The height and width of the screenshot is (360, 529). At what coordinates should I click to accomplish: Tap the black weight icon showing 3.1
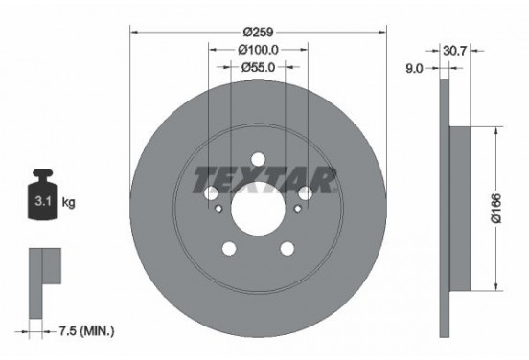pyautogui.click(x=41, y=197)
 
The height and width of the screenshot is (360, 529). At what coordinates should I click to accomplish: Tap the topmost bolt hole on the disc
pyautogui.click(x=258, y=159)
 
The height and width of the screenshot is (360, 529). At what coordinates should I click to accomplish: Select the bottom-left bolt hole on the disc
pyautogui.click(x=229, y=249)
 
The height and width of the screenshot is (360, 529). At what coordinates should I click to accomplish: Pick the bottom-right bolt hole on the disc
pyautogui.click(x=287, y=249)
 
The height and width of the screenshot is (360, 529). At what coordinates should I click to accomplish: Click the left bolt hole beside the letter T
pyautogui.click(x=212, y=194)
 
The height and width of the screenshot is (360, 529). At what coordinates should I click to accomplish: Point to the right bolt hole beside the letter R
pyautogui.click(x=304, y=194)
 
